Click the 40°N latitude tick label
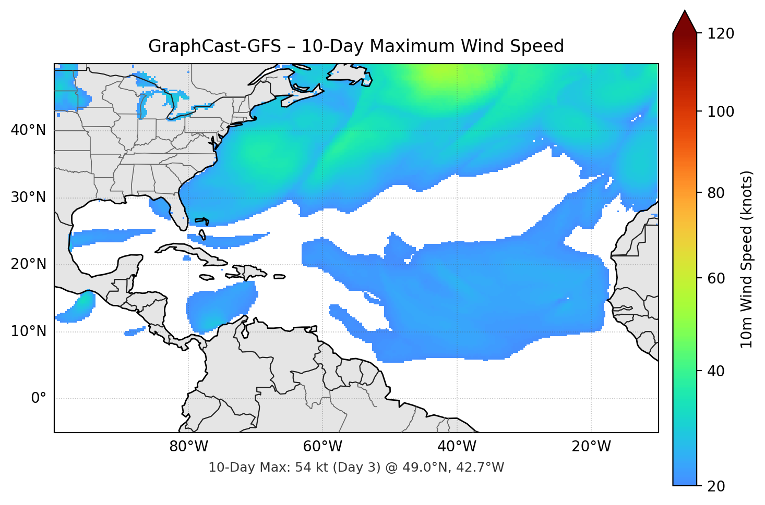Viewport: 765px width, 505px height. click(28, 130)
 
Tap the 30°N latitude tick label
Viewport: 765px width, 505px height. click(28, 198)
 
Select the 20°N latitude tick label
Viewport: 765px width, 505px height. click(28, 264)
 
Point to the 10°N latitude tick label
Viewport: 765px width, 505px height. click(28, 331)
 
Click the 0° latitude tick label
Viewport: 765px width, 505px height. click(39, 399)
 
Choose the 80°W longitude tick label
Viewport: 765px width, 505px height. click(188, 447)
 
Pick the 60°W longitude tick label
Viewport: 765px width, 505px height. click(322, 447)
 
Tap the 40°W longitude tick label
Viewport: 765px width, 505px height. click(457, 447)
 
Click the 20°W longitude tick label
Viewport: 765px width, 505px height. click(591, 447)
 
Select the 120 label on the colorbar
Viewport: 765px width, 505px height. click(721, 34)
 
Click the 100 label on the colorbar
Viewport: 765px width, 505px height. click(721, 112)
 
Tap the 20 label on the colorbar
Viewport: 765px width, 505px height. click(716, 486)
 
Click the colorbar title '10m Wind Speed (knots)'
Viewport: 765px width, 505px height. click(747, 259)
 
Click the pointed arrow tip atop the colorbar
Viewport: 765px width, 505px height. click(685, 13)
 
